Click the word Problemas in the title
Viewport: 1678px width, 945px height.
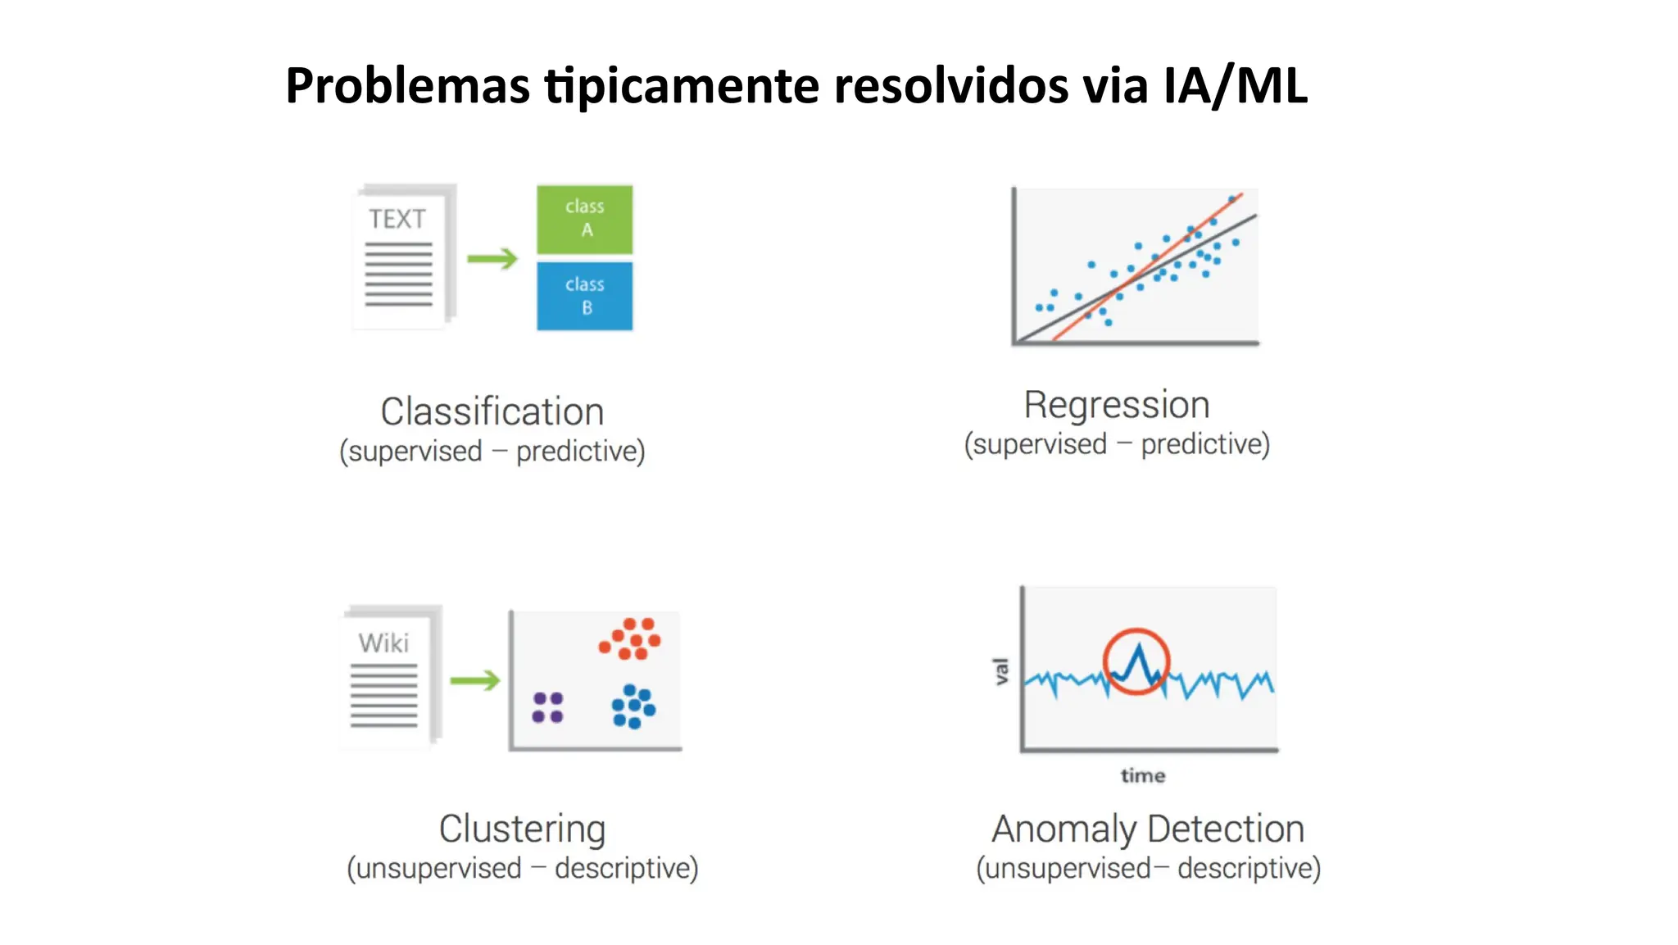click(x=407, y=85)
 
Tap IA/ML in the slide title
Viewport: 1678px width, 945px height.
click(x=1235, y=85)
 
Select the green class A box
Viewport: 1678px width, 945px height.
click(x=584, y=219)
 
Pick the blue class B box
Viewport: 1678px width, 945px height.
click(x=584, y=296)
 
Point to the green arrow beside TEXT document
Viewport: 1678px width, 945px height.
click(x=492, y=259)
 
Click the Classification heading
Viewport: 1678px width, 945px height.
click(x=492, y=411)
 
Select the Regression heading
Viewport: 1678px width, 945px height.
click(x=1117, y=405)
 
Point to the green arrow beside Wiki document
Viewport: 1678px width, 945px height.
click(x=474, y=680)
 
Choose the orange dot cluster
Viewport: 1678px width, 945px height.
click(x=630, y=639)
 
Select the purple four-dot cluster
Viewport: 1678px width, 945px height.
click(x=547, y=707)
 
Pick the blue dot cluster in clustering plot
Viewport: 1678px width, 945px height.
click(x=633, y=706)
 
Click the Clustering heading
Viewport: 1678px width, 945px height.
click(x=522, y=829)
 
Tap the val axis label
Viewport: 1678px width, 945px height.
click(x=1000, y=671)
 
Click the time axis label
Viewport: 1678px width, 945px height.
click(x=1143, y=775)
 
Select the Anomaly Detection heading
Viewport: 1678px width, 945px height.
click(x=1148, y=829)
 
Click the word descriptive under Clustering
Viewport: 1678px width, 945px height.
click(x=626, y=868)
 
